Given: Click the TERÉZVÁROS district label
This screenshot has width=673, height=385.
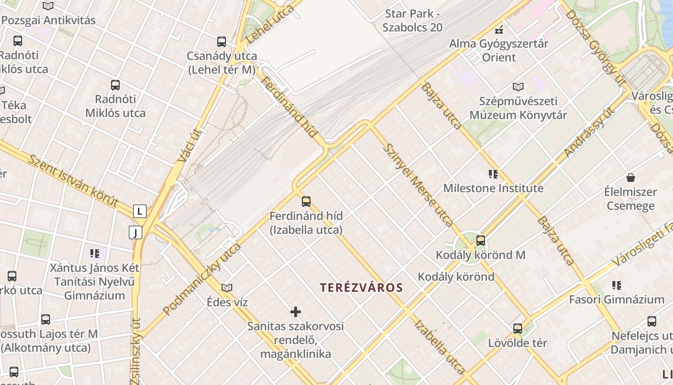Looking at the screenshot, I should pyautogui.click(x=361, y=288).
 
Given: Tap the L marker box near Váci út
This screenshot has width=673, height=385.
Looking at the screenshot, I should pyautogui.click(x=140, y=211).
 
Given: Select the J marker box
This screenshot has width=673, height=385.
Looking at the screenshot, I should pyautogui.click(x=136, y=233).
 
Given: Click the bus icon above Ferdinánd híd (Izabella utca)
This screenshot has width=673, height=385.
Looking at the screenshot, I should pyautogui.click(x=306, y=202).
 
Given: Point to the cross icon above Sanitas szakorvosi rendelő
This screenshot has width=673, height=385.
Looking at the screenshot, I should pyautogui.click(x=296, y=312).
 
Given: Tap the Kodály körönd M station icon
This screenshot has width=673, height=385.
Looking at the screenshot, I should pyautogui.click(x=480, y=241).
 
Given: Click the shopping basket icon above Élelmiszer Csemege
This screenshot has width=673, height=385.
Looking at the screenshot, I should pyautogui.click(x=631, y=178).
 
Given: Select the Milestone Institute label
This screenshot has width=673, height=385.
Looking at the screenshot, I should pyautogui.click(x=493, y=188).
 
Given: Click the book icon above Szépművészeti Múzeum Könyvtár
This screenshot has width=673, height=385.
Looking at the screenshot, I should pyautogui.click(x=518, y=87).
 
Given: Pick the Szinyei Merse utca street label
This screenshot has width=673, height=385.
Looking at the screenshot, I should pyautogui.click(x=418, y=185).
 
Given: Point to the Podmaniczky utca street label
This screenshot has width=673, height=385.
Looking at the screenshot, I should pyautogui.click(x=202, y=279).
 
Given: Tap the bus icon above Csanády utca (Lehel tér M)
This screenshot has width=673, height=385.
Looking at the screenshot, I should pyautogui.click(x=221, y=42).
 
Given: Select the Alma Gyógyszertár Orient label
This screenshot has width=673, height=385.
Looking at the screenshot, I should pyautogui.click(x=499, y=51).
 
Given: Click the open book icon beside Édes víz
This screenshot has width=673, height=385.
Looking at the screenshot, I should pyautogui.click(x=227, y=288).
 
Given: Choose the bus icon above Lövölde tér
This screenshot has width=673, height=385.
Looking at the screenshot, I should pyautogui.click(x=518, y=329).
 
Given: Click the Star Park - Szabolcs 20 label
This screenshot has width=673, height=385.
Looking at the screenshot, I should pyautogui.click(x=412, y=20).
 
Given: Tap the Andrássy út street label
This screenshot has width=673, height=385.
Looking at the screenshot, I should pyautogui.click(x=589, y=132).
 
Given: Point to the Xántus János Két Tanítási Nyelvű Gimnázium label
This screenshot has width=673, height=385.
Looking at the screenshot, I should pyautogui.click(x=95, y=282).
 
